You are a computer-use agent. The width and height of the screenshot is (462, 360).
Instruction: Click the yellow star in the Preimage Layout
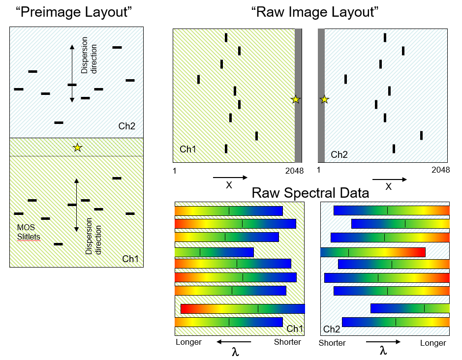pos(77,147)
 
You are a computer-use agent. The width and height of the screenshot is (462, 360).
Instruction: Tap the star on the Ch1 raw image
pos(295,99)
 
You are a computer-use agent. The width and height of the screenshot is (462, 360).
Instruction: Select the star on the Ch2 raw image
pos(324,99)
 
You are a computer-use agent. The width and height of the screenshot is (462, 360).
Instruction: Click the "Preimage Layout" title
pos(77,12)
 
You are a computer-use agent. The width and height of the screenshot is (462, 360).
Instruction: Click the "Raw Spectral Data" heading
pos(310,193)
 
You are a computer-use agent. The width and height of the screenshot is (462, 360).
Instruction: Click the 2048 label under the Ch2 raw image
pos(440,170)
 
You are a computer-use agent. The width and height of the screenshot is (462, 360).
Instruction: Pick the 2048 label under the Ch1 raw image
pos(294,170)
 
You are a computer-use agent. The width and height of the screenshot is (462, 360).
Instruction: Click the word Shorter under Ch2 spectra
pos(332,343)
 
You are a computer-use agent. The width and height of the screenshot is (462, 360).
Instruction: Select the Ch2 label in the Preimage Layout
pos(126,126)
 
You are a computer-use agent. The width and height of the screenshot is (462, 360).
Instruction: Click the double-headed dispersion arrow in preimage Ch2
pos(72,73)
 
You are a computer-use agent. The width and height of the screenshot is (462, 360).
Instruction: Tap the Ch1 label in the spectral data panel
pos(294,329)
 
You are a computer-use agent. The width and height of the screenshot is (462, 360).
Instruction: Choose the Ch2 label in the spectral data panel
pos(331,329)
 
